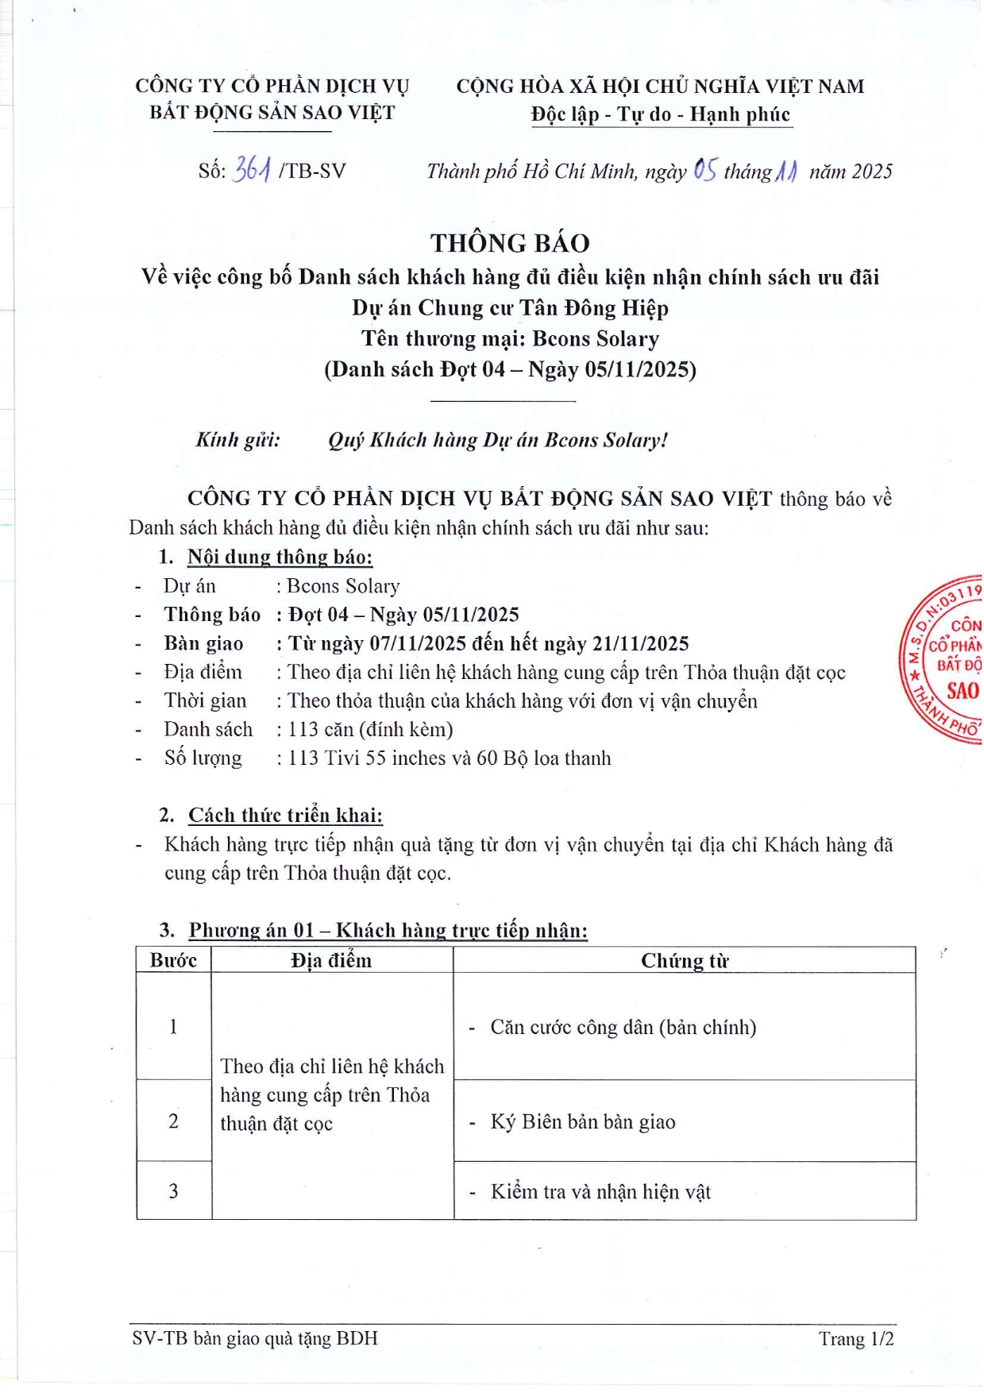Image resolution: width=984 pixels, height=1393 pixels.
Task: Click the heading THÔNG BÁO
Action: tap(510, 243)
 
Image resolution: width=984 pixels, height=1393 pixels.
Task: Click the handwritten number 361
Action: tap(253, 169)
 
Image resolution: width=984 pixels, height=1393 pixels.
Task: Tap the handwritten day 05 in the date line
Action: tap(704, 169)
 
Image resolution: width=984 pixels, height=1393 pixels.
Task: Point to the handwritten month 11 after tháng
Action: tap(785, 171)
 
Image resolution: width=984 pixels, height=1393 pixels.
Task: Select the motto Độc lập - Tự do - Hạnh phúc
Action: tap(661, 114)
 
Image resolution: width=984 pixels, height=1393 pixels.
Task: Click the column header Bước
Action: tap(173, 960)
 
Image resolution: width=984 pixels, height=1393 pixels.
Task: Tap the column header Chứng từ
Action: tap(684, 961)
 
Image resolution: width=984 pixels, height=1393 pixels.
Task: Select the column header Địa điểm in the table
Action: tap(331, 960)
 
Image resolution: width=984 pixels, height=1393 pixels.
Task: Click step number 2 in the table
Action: tap(173, 1121)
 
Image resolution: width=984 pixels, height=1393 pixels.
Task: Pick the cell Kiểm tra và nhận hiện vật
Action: tap(600, 1191)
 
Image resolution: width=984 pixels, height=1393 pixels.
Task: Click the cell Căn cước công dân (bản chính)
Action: tap(623, 1027)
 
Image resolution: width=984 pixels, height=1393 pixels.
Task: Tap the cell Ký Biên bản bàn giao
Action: tap(582, 1121)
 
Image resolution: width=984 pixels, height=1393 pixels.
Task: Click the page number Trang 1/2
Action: tap(856, 1339)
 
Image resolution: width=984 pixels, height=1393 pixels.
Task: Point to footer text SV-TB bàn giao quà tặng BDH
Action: tap(255, 1338)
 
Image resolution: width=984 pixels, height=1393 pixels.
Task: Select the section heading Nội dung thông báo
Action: tap(280, 557)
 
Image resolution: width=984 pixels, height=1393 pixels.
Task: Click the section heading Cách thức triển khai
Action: tap(285, 815)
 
